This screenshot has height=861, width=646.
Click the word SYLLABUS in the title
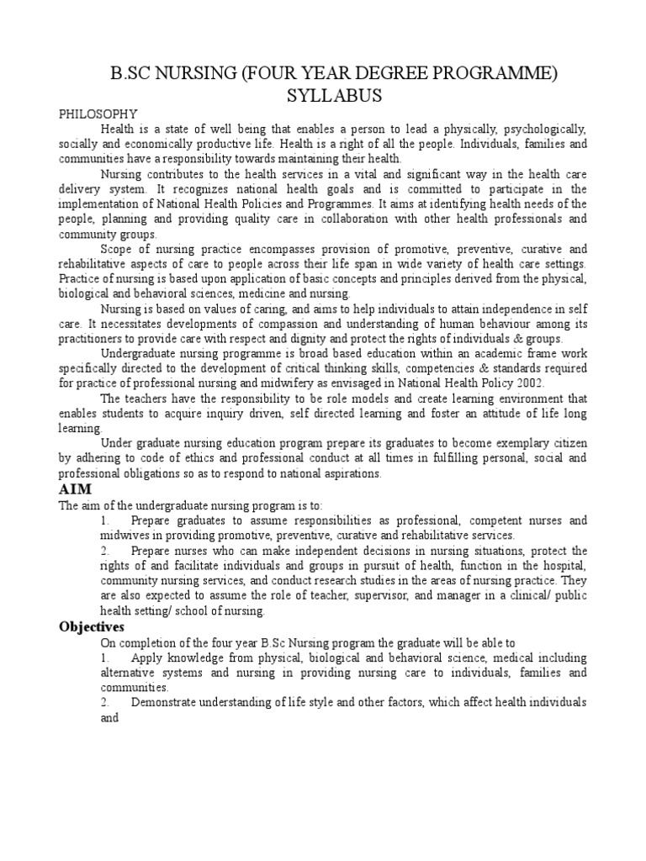[x=323, y=96]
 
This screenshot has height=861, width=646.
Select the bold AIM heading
[x=74, y=489]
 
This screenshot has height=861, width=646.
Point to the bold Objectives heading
[x=92, y=626]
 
